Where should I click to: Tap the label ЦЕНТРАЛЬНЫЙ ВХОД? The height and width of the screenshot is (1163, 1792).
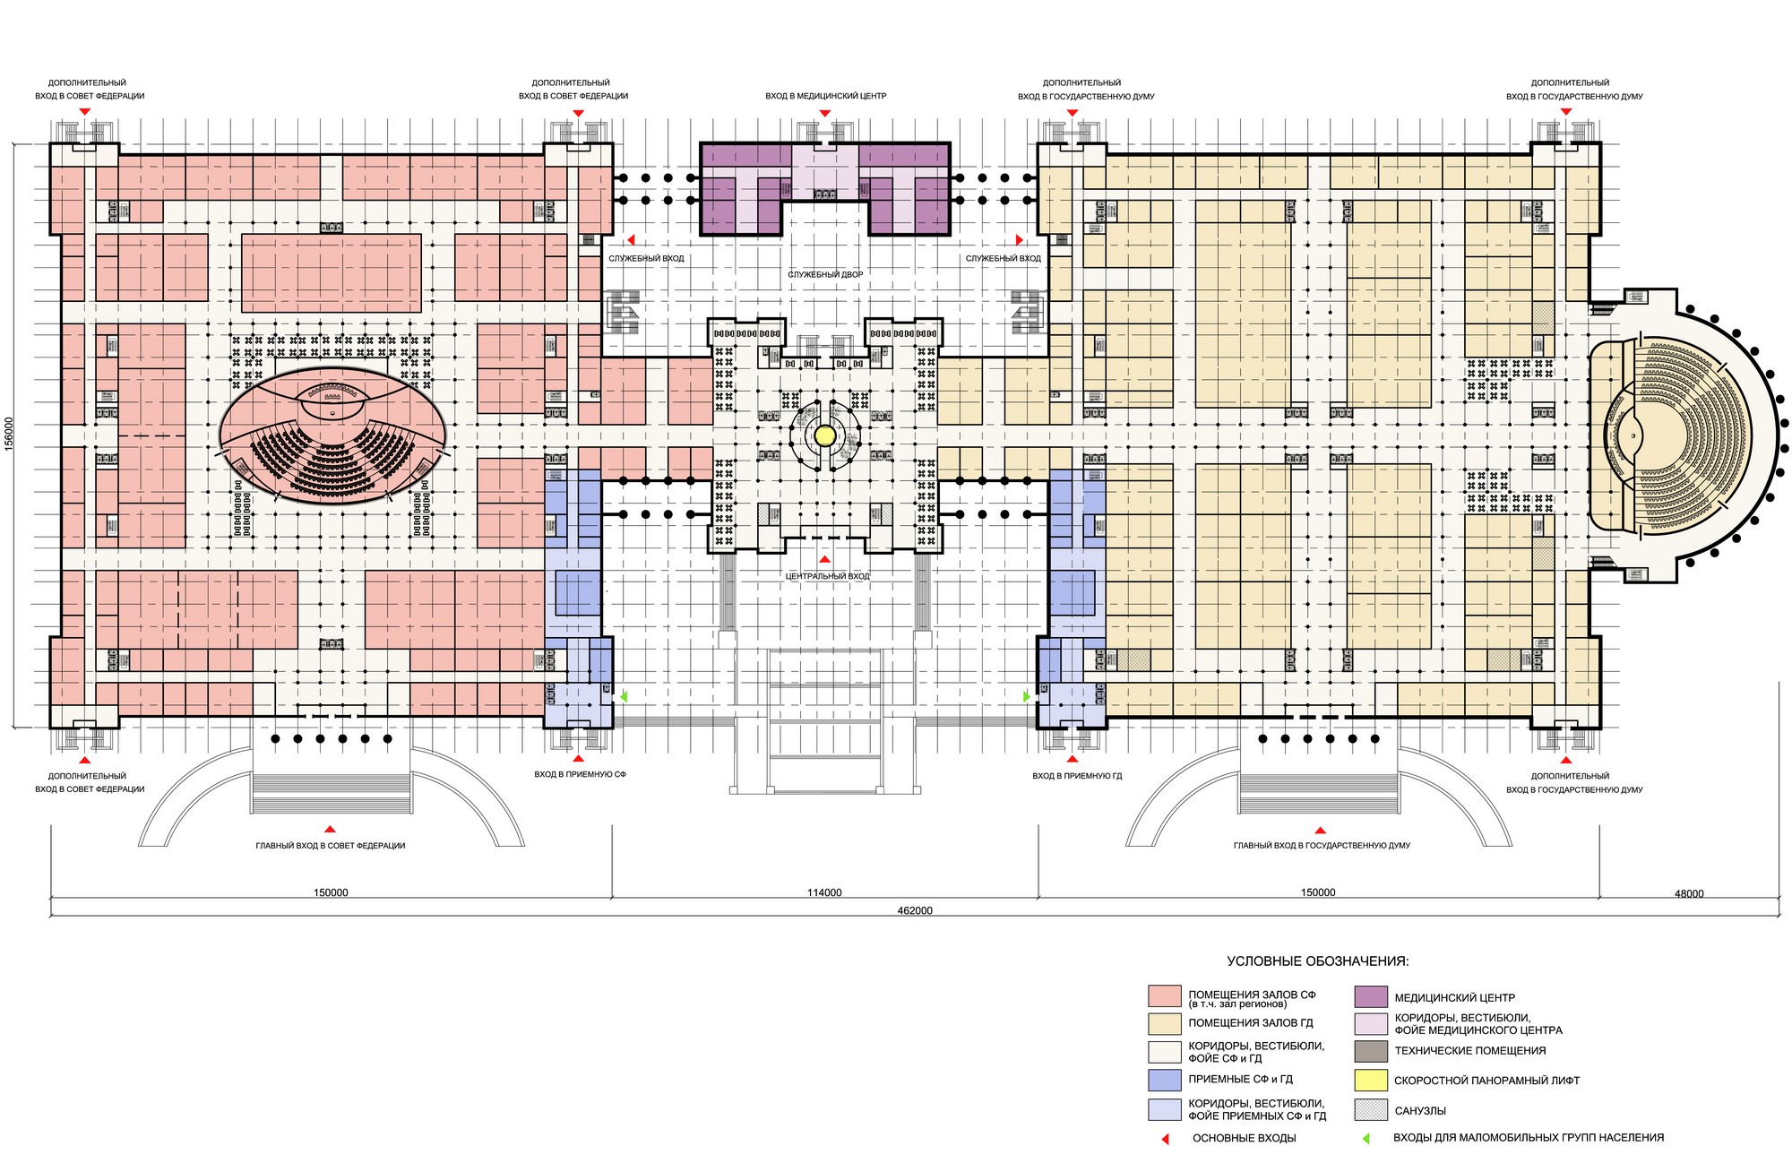pyautogui.click(x=827, y=576)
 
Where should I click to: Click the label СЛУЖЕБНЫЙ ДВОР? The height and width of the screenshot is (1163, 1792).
pyautogui.click(x=825, y=274)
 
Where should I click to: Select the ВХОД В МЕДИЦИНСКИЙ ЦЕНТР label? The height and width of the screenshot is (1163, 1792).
pyautogui.click(x=825, y=96)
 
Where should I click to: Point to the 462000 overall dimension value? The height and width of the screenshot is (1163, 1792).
pyautogui.click(x=915, y=910)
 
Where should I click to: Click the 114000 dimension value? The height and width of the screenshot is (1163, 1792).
pyautogui.click(x=824, y=892)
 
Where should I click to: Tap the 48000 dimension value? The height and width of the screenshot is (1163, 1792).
pyautogui.click(x=1689, y=893)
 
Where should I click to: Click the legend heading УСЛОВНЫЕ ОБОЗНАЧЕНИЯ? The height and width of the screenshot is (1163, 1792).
pyautogui.click(x=1317, y=961)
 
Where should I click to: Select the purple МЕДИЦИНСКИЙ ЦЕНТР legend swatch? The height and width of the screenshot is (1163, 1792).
pyautogui.click(x=1371, y=997)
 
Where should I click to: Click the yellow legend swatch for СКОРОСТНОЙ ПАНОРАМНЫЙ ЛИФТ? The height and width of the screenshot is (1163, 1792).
pyautogui.click(x=1371, y=1081)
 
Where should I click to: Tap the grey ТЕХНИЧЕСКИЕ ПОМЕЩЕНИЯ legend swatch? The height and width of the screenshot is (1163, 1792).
pyautogui.click(x=1371, y=1051)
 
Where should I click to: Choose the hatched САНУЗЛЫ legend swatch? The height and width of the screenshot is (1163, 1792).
pyautogui.click(x=1371, y=1110)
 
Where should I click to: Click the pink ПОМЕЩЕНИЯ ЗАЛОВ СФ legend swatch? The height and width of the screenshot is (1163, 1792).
pyautogui.click(x=1165, y=997)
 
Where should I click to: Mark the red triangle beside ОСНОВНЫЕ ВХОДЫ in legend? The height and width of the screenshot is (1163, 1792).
pyautogui.click(x=1166, y=1139)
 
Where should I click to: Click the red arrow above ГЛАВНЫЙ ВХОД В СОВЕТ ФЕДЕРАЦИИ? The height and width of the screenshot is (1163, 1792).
pyautogui.click(x=330, y=830)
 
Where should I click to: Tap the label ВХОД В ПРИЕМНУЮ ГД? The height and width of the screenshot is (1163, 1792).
pyautogui.click(x=1077, y=776)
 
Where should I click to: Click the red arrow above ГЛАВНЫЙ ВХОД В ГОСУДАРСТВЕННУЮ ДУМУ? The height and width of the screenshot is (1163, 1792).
pyautogui.click(x=1322, y=830)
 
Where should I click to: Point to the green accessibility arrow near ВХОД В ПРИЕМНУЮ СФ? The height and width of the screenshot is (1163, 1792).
pyautogui.click(x=625, y=695)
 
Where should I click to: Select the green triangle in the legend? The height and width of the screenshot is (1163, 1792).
pyautogui.click(x=1366, y=1139)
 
